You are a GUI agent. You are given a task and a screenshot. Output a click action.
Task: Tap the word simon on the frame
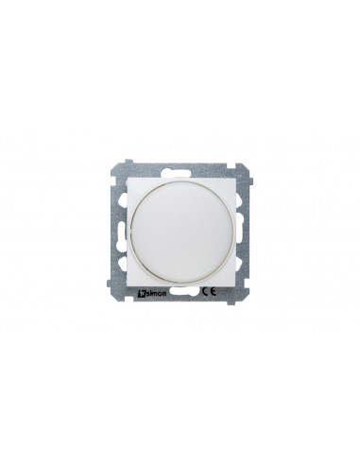pyautogui.click(x=156, y=295)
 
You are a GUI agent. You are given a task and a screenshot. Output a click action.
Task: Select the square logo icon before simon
pyautogui.click(x=141, y=295)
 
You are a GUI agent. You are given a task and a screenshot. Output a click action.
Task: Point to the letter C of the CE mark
pyautogui.click(x=204, y=292)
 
